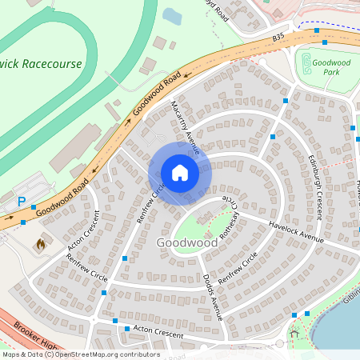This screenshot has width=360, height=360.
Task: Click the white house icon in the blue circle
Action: pyautogui.click(x=180, y=173)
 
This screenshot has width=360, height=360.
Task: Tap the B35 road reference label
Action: pyautogui.click(x=278, y=38)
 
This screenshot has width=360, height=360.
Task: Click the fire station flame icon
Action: pyautogui.click(x=41, y=243)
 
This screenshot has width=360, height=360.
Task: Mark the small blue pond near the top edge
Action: pyautogui.click(x=172, y=16)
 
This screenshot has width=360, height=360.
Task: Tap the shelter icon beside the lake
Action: pyautogui.click(x=294, y=332)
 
